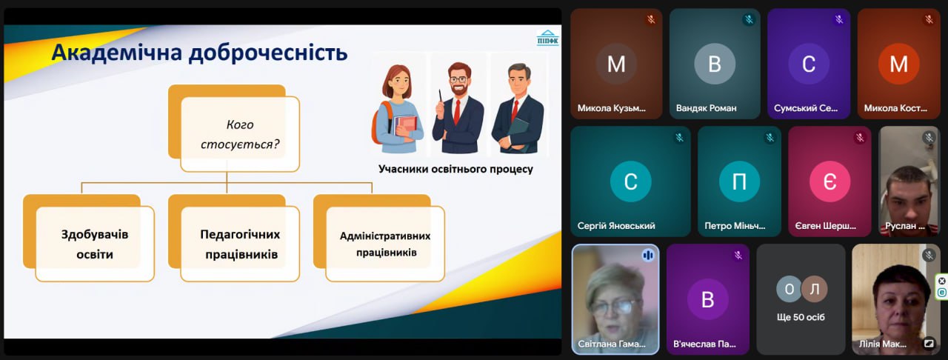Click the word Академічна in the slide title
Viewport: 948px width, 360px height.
(117, 53)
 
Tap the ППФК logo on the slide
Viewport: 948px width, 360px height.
(547, 38)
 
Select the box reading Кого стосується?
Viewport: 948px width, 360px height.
(240, 134)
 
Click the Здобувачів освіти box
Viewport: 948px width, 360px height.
(95, 244)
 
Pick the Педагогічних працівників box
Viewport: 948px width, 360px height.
(240, 244)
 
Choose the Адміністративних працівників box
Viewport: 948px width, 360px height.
(385, 244)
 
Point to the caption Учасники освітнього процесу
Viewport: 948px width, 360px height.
(455, 169)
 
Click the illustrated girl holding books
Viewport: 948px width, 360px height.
(398, 109)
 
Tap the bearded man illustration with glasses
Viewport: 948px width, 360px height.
(458, 107)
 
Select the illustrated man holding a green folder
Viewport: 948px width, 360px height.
(518, 108)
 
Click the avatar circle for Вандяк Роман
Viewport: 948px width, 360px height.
(715, 64)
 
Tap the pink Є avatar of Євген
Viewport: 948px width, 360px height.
(830, 181)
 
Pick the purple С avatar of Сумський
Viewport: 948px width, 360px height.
(809, 64)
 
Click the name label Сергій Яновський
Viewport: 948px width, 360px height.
(616, 226)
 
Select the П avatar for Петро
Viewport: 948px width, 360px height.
(739, 181)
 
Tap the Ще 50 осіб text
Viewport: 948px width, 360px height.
(801, 317)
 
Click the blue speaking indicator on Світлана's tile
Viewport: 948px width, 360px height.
(648, 255)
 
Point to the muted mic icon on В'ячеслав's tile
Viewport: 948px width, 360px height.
(738, 255)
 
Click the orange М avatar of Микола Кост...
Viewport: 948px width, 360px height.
(899, 64)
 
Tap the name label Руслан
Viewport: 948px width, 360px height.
(901, 226)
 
